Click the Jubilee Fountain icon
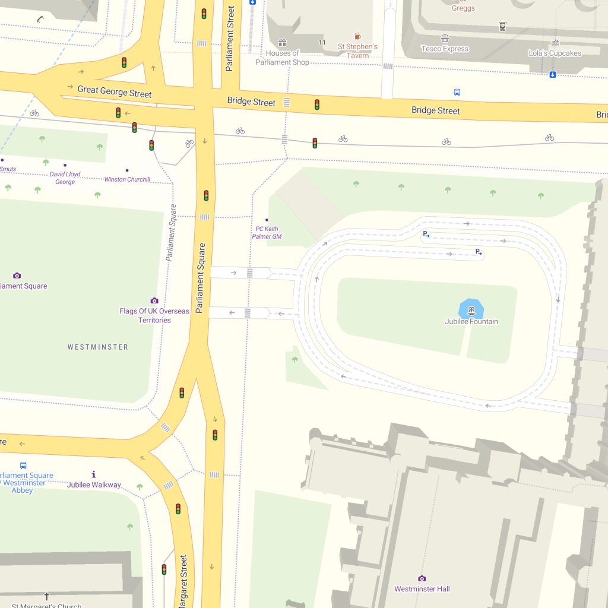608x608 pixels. [471, 311]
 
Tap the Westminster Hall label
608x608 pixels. [423, 589]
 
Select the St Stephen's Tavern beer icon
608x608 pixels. [357, 36]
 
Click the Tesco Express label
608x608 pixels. [445, 49]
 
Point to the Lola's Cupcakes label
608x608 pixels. [555, 53]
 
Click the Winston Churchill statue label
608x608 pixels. [127, 179]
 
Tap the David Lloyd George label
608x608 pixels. [65, 178]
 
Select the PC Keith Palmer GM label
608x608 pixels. [267, 233]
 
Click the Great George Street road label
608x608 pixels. [115, 92]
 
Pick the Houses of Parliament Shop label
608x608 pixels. [283, 58]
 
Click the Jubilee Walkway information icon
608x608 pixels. [94, 474]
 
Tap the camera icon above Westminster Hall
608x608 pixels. [422, 578]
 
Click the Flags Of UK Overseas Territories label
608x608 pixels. [154, 315]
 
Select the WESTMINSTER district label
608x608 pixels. [98, 347]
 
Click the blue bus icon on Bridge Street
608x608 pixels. [457, 93]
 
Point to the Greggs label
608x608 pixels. [463, 8]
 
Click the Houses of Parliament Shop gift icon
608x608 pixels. [283, 43]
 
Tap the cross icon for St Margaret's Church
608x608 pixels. [47, 596]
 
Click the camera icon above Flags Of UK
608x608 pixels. [154, 300]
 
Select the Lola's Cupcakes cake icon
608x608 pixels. [555, 42]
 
